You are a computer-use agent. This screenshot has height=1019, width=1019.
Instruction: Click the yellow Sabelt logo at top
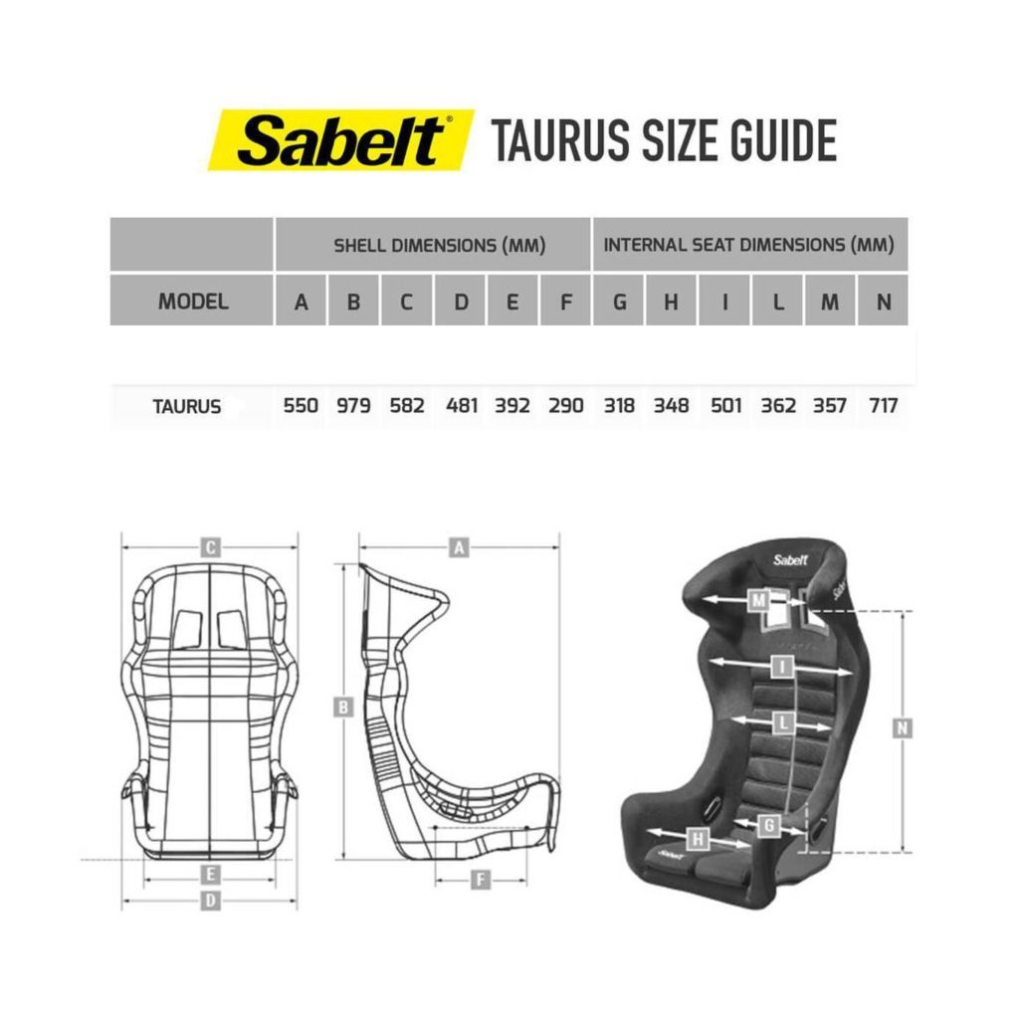tap(340, 140)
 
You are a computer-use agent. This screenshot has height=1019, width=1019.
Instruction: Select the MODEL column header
tap(193, 302)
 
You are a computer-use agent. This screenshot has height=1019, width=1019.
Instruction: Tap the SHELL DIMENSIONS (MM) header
tap(439, 246)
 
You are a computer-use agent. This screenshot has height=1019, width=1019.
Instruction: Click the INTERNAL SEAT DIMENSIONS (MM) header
tap(748, 245)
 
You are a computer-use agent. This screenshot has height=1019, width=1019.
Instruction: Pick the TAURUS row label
tap(186, 407)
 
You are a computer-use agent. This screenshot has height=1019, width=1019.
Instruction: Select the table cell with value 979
tap(353, 406)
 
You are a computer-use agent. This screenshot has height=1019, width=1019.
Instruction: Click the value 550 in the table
tap(301, 406)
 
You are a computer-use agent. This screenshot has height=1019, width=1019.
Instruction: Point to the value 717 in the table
tap(884, 406)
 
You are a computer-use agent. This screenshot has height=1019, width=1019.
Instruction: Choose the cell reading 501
tap(725, 406)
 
